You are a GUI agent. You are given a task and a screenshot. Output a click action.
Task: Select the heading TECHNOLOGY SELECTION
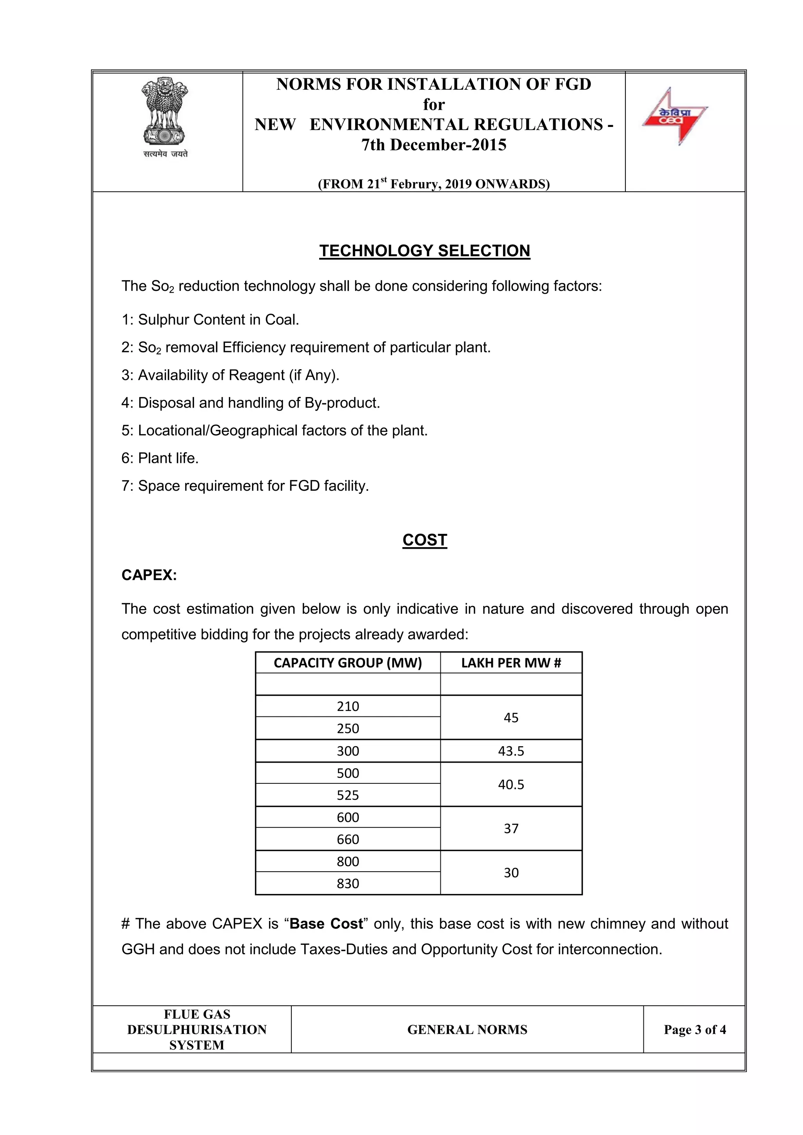(424, 250)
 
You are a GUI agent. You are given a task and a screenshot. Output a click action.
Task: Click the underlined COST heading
(424, 540)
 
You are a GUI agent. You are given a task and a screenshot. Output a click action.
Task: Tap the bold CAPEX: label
(149, 575)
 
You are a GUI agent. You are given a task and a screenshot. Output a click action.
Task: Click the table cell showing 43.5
(511, 751)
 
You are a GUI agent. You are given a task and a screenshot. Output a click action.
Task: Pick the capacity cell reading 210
(348, 706)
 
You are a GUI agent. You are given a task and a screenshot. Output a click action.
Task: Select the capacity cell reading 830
(348, 883)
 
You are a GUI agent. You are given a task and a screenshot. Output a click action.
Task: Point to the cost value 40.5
(511, 784)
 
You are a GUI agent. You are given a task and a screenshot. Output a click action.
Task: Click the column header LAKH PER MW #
(511, 663)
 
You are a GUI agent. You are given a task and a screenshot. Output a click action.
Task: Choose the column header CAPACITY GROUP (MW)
(348, 663)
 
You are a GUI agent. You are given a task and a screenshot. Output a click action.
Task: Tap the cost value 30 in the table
(511, 872)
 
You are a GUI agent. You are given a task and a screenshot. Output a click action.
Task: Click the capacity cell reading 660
(348, 839)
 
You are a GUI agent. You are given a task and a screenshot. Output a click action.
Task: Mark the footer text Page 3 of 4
(694, 1030)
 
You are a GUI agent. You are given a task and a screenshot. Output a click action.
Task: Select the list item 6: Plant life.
(160, 458)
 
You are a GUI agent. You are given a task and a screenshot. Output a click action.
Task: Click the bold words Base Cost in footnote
(326, 924)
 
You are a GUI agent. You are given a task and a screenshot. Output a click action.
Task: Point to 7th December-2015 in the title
(434, 145)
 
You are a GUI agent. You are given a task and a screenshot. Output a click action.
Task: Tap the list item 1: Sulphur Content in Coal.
(210, 320)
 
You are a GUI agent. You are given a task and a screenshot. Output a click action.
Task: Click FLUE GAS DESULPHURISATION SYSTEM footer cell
(197, 1030)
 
